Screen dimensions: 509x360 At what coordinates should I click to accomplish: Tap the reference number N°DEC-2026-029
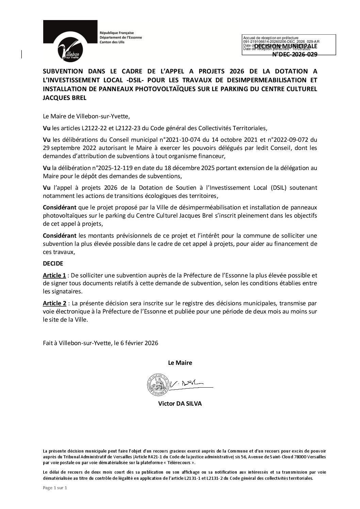[295, 54]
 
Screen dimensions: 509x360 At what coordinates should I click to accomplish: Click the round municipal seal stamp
[158, 385]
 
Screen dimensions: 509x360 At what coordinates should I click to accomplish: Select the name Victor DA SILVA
[180, 404]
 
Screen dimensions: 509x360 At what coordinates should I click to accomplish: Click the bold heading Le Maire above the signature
[180, 363]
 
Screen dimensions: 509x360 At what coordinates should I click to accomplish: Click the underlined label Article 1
[54, 275]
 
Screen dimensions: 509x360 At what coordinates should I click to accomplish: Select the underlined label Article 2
[54, 303]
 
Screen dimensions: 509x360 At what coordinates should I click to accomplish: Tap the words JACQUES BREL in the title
[65, 98]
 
